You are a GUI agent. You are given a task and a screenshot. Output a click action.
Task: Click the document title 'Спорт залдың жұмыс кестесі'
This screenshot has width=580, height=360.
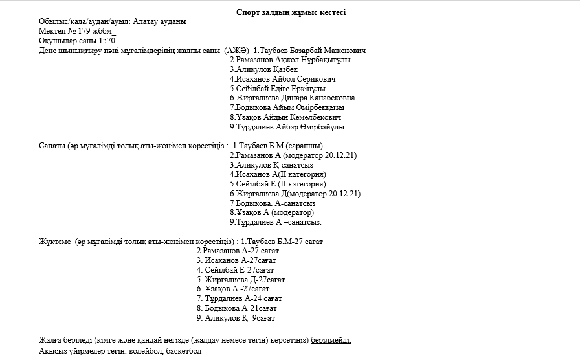click(291, 12)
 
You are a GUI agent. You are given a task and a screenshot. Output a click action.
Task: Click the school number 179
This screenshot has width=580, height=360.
click(84, 31)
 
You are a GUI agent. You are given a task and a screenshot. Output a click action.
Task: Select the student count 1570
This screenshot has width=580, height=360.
click(104, 41)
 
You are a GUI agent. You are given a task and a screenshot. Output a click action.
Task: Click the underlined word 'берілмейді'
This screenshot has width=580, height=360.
click(331, 341)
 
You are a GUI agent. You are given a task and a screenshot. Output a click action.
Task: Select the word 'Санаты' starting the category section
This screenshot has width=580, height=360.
click(51, 146)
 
